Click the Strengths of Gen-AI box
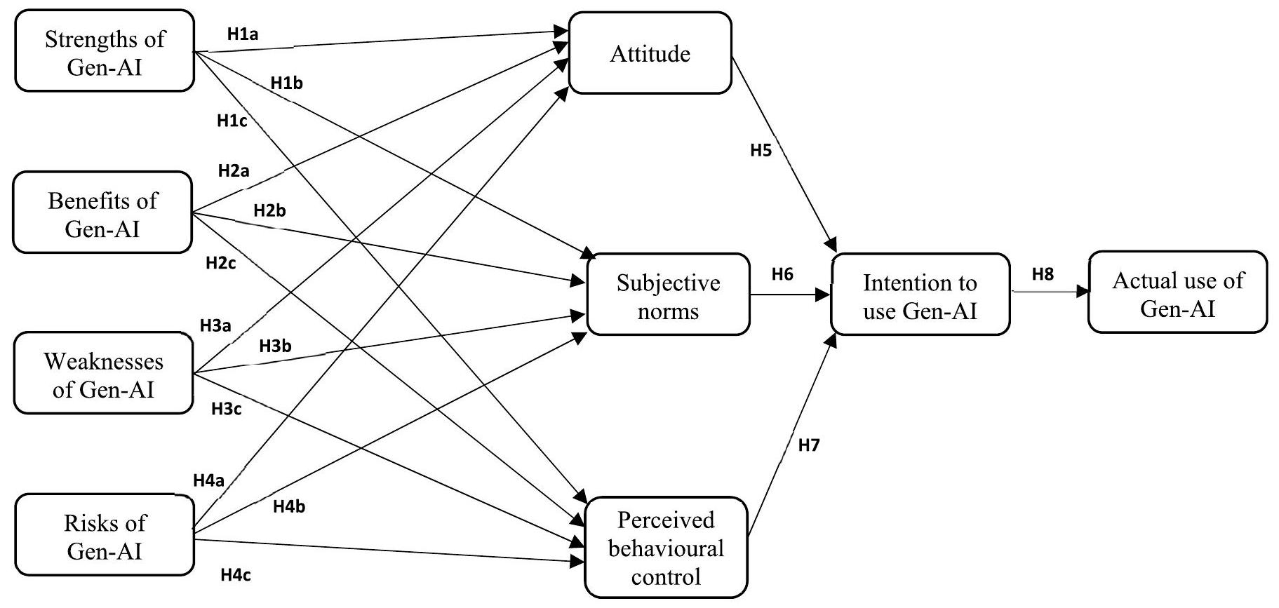pyautogui.click(x=105, y=51)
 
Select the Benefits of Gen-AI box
pyautogui.click(x=102, y=213)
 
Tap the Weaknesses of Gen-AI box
pyautogui.click(x=103, y=374)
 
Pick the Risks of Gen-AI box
pyautogui.click(x=105, y=536)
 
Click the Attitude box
pyautogui.click(x=650, y=54)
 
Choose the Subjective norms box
pyautogui.click(x=668, y=295)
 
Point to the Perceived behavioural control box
pyautogui.click(x=666, y=548)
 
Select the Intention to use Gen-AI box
pyautogui.click(x=920, y=295)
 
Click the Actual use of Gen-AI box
pyautogui.click(x=1177, y=293)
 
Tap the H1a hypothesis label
pyautogui.click(x=243, y=34)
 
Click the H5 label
pyautogui.click(x=761, y=150)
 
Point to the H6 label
pyautogui.click(x=782, y=274)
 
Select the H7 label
pyautogui.click(x=809, y=445)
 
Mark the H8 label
pyautogui.click(x=1043, y=274)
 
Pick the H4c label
pyautogui.click(x=236, y=576)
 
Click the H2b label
pyautogui.click(x=269, y=210)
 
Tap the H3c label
pyautogui.click(x=227, y=410)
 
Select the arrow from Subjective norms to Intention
pyautogui.click(x=790, y=295)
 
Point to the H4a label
pyautogui.click(x=208, y=481)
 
